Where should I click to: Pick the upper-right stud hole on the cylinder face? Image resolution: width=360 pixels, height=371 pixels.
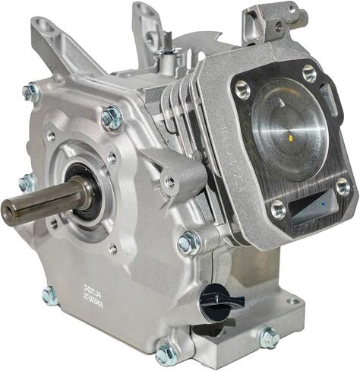click(308, 73)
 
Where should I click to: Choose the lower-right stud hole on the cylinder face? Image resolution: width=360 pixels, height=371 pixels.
click(343, 185)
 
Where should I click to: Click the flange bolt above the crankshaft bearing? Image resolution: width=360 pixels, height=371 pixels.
click(112, 116)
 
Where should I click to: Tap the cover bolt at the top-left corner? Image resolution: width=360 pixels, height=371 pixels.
click(32, 92)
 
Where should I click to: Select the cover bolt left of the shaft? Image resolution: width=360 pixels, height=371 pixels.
click(27, 182)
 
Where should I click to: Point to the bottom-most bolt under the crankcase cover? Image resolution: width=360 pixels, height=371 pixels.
click(166, 352)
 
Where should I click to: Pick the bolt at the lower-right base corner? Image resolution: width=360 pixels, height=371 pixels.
click(268, 336)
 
